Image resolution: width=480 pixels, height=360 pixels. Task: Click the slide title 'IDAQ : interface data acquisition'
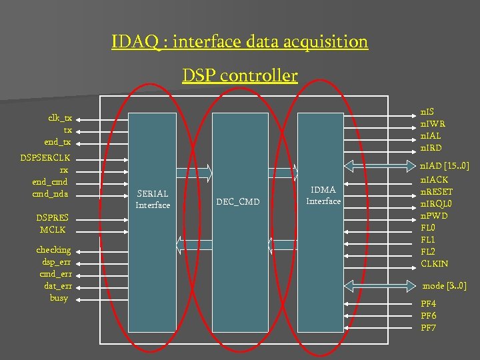point(240,42)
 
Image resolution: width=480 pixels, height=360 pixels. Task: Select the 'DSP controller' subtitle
point(240,75)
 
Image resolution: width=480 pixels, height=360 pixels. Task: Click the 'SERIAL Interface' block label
point(153,199)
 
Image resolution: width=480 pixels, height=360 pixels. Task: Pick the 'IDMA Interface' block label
point(323,195)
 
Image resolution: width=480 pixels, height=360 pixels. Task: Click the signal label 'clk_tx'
point(60,117)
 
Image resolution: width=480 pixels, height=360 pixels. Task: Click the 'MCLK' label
point(53,230)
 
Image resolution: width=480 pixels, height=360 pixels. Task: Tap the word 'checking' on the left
point(53,249)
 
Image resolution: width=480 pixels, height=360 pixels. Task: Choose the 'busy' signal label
point(59,297)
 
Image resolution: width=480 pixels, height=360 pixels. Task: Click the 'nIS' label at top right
point(426,111)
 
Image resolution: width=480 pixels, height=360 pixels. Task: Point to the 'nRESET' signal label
point(437,192)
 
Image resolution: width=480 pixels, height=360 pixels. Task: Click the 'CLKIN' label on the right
point(435,264)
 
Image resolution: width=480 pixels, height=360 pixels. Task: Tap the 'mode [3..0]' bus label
point(445,286)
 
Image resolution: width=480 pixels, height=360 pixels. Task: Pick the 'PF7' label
point(429,328)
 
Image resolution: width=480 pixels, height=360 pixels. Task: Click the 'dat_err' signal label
point(57,285)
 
